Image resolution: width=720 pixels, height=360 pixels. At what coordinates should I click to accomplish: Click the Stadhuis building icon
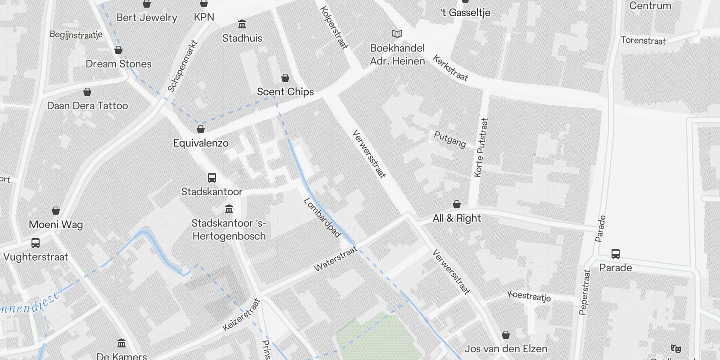pyautogui.click(x=242, y=24)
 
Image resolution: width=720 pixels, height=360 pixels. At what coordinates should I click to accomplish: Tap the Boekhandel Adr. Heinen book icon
pyautogui.click(x=397, y=34)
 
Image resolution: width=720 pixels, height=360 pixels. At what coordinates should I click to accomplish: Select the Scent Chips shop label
pyautogui.click(x=285, y=92)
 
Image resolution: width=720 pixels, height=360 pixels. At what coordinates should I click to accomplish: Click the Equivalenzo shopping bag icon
pyautogui.click(x=201, y=130)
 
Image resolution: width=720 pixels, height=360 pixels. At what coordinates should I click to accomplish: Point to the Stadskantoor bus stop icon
pyautogui.click(x=212, y=178)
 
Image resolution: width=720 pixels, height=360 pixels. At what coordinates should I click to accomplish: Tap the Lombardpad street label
pyautogui.click(x=322, y=217)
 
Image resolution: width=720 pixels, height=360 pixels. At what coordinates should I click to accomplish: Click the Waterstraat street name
pyautogui.click(x=335, y=259)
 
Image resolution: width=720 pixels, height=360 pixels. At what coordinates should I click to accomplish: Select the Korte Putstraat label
pyautogui.click(x=481, y=147)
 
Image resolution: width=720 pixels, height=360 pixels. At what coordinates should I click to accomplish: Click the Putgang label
pyautogui.click(x=450, y=139)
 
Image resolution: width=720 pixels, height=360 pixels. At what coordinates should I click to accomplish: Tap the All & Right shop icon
pyautogui.click(x=457, y=205)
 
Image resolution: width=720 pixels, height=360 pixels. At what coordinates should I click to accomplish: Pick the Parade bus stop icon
pyautogui.click(x=616, y=254)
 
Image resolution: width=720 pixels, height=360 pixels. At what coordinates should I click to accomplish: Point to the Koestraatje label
pyautogui.click(x=529, y=296)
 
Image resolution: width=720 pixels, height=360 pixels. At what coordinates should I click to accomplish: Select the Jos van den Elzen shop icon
pyautogui.click(x=506, y=335)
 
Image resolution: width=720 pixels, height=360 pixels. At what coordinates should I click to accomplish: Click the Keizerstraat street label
pyautogui.click(x=242, y=315)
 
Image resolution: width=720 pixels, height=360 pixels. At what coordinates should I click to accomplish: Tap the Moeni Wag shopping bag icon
pyautogui.click(x=56, y=211)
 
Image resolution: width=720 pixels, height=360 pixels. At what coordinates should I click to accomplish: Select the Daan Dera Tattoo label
pyautogui.click(x=87, y=106)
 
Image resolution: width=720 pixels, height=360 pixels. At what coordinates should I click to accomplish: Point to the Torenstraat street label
pyautogui.click(x=643, y=40)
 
